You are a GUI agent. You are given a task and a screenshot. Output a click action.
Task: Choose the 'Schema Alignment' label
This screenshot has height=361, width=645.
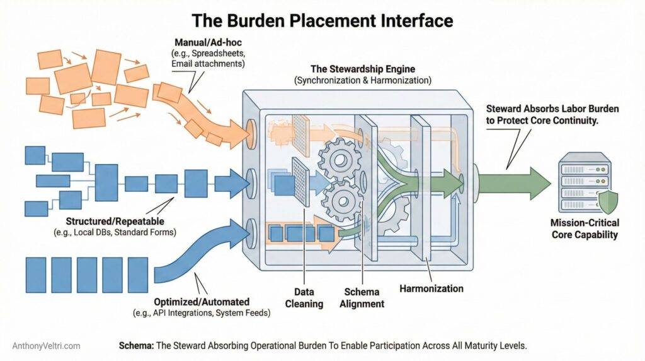coord(363,298)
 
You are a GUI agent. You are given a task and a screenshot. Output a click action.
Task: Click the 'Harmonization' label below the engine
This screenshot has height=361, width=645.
coord(431,288)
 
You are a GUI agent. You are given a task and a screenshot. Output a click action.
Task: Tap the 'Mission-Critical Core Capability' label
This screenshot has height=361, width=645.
coord(585,228)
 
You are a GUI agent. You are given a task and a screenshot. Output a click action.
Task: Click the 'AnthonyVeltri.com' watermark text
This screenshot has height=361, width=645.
coord(46,346)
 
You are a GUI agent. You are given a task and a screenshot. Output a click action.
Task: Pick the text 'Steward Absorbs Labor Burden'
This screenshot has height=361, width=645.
coord(552,109)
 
